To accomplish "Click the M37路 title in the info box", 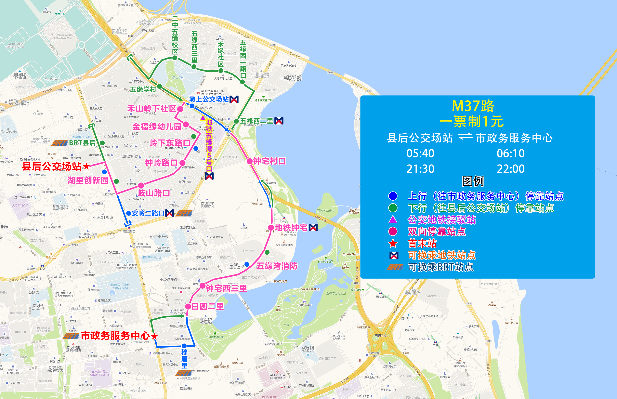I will click(x=473, y=106).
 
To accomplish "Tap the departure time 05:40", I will click(x=420, y=153).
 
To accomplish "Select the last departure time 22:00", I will click(x=511, y=169).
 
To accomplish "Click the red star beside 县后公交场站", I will click(x=86, y=166).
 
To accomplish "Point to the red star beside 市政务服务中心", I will click(x=154, y=336).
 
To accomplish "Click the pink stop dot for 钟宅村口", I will click(x=249, y=161).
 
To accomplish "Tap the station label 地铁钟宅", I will click(x=291, y=228).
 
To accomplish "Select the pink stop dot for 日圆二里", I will click(x=188, y=307).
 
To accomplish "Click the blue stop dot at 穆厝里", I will click(x=184, y=346).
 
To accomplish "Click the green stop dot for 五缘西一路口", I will click(x=242, y=82).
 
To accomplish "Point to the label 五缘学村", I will click(x=143, y=89).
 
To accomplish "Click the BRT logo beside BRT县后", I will click(x=60, y=143).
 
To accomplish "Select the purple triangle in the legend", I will click(x=393, y=219).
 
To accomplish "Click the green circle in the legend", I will click(x=393, y=208).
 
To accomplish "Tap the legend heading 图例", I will click(x=473, y=181).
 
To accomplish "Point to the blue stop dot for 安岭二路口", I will click(x=128, y=213).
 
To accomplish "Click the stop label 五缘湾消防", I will click(x=277, y=266).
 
